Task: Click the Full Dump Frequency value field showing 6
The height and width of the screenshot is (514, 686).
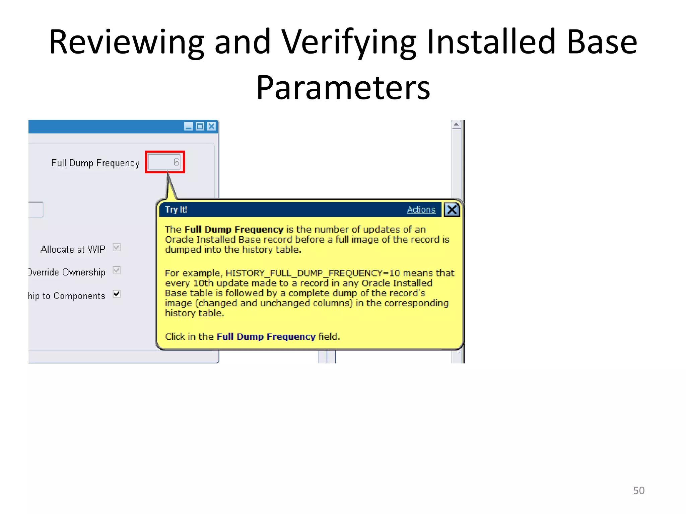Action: [x=164, y=162]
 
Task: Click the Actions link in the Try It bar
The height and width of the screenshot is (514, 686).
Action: [x=421, y=210]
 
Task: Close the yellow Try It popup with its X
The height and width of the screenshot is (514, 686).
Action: [x=452, y=210]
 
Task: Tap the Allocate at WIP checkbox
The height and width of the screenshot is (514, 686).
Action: [x=117, y=248]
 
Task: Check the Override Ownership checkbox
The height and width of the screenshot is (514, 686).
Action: [x=117, y=270]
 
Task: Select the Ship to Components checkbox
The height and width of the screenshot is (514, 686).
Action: [x=117, y=294]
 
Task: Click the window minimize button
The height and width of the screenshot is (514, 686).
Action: [x=189, y=126]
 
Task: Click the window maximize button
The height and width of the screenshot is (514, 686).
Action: [x=200, y=126]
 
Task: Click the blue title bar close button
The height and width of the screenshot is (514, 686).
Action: [x=211, y=126]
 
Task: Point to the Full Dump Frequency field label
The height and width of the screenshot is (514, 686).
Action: [x=95, y=163]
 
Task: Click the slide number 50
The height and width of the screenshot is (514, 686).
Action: [x=638, y=491]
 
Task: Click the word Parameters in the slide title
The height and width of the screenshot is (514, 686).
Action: [x=343, y=88]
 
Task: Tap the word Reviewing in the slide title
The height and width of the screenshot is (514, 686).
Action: [x=127, y=42]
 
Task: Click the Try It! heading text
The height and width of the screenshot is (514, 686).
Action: [x=176, y=210]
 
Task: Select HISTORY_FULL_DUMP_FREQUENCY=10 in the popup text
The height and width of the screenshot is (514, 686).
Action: [x=308, y=273]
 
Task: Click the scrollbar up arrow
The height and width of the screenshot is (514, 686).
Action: [x=456, y=125]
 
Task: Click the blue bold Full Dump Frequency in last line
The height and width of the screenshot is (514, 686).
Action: [x=266, y=336]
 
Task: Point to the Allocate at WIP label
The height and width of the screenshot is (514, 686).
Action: [x=73, y=249]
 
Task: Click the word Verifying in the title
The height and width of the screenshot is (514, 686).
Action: [x=348, y=42]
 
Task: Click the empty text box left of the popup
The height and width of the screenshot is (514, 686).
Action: [x=36, y=210]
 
